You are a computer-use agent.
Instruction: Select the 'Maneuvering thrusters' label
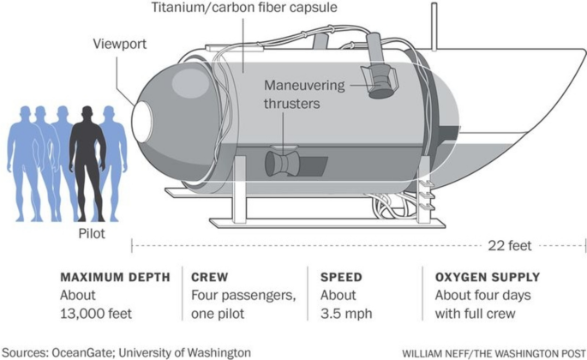(x=304, y=95)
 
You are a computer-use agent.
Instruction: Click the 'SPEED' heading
(x=341, y=278)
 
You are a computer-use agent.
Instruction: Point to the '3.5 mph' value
(x=346, y=314)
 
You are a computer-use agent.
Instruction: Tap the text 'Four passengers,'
(x=244, y=296)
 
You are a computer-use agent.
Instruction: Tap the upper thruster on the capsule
(x=379, y=77)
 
